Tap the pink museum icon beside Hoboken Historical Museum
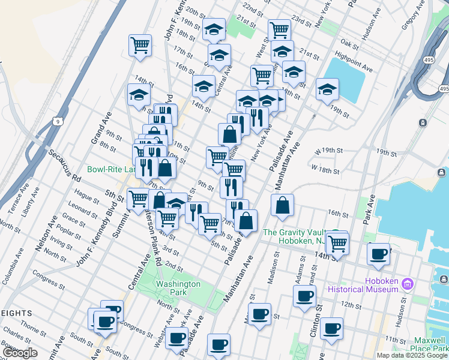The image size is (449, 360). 407,283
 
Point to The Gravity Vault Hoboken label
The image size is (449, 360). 293,236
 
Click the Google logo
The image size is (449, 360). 20,353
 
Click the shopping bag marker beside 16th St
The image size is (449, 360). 282,205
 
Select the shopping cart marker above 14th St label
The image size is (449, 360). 338,242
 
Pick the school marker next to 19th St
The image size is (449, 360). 327,89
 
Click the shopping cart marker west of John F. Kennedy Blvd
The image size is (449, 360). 140,44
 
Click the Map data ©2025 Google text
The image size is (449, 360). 412,355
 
